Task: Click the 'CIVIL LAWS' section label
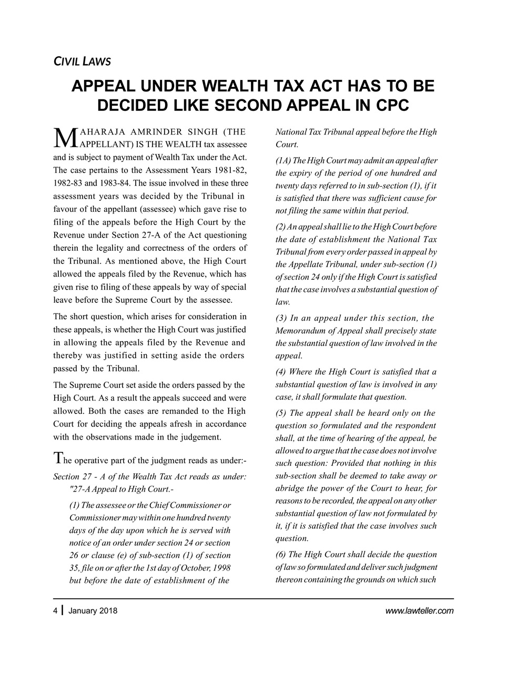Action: point(83,62)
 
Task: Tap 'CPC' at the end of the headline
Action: point(388,105)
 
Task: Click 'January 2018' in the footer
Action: point(93,610)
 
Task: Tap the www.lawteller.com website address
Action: point(419,610)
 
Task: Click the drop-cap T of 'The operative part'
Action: point(58,459)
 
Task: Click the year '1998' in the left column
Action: point(219,568)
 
